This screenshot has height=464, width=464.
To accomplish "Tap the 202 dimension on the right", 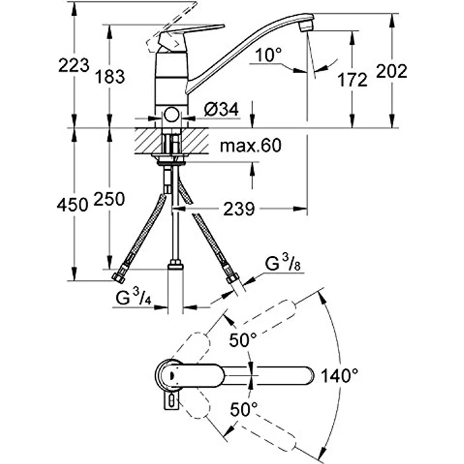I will pyautogui.click(x=391, y=71).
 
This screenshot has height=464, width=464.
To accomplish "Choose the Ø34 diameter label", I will pyautogui.click(x=222, y=109).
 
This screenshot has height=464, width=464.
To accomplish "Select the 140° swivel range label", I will pyautogui.click(x=339, y=376).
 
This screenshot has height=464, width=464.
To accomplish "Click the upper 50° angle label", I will pyautogui.click(x=243, y=341).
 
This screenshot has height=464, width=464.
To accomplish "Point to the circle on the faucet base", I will pyautogui.click(x=171, y=116).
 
